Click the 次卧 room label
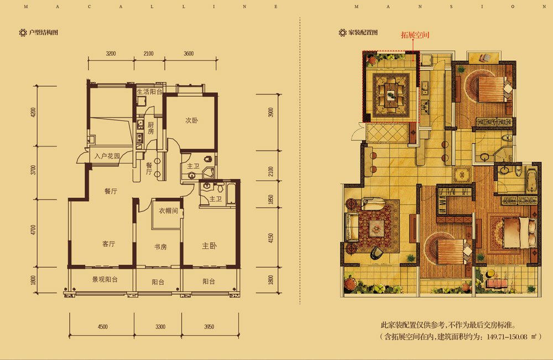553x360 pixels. (x=191, y=120)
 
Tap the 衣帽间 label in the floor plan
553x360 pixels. (x=168, y=211)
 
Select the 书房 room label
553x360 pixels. (x=160, y=247)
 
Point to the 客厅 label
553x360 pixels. (x=108, y=244)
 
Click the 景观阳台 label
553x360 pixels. (x=105, y=279)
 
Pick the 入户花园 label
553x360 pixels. (x=107, y=156)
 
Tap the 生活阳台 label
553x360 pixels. (x=149, y=92)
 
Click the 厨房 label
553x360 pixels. (x=150, y=128)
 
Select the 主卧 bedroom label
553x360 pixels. (x=209, y=246)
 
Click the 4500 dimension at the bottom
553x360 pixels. (x=103, y=327)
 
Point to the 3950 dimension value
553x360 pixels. (x=209, y=327)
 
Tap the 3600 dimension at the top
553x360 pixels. (x=189, y=54)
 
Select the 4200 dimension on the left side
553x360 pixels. (x=34, y=112)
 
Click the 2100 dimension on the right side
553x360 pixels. (x=270, y=171)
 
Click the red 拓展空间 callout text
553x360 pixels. (x=415, y=35)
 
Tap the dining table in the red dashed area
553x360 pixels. (x=391, y=94)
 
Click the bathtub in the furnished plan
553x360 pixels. (x=531, y=179)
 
